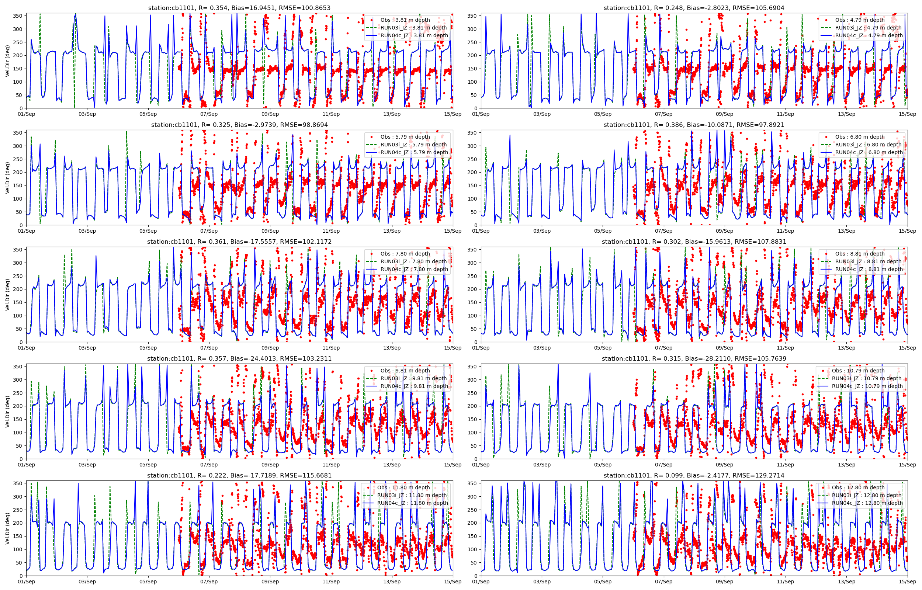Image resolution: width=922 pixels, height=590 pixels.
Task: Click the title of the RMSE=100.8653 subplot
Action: (239, 8)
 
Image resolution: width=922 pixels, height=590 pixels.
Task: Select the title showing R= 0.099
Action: (694, 475)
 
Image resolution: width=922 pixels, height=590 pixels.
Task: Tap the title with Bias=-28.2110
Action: (694, 358)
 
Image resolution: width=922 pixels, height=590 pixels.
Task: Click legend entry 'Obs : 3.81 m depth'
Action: (405, 20)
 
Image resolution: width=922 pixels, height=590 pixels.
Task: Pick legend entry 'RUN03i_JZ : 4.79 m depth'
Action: (868, 28)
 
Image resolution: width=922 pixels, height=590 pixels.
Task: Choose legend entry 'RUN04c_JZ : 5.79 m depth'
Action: (414, 152)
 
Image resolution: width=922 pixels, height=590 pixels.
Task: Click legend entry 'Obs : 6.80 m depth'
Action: (860, 137)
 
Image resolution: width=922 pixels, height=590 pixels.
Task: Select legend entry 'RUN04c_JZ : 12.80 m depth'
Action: (867, 503)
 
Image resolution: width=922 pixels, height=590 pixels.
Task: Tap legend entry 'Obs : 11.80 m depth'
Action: (403, 487)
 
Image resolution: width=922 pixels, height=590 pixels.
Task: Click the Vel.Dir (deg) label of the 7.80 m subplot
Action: (8, 294)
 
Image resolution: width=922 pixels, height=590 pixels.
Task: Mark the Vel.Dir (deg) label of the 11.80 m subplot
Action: (8, 528)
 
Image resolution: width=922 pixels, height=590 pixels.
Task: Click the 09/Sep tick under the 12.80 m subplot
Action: (724, 582)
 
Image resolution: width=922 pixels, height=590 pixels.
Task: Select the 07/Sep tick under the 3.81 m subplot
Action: (209, 114)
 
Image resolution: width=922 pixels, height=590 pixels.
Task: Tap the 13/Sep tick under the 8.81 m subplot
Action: (846, 348)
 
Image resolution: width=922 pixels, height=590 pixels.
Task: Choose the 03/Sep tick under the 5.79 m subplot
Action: (87, 231)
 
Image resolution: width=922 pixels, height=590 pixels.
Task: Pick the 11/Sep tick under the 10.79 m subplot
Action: (785, 465)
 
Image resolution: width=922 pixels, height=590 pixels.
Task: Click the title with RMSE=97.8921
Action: (694, 125)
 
